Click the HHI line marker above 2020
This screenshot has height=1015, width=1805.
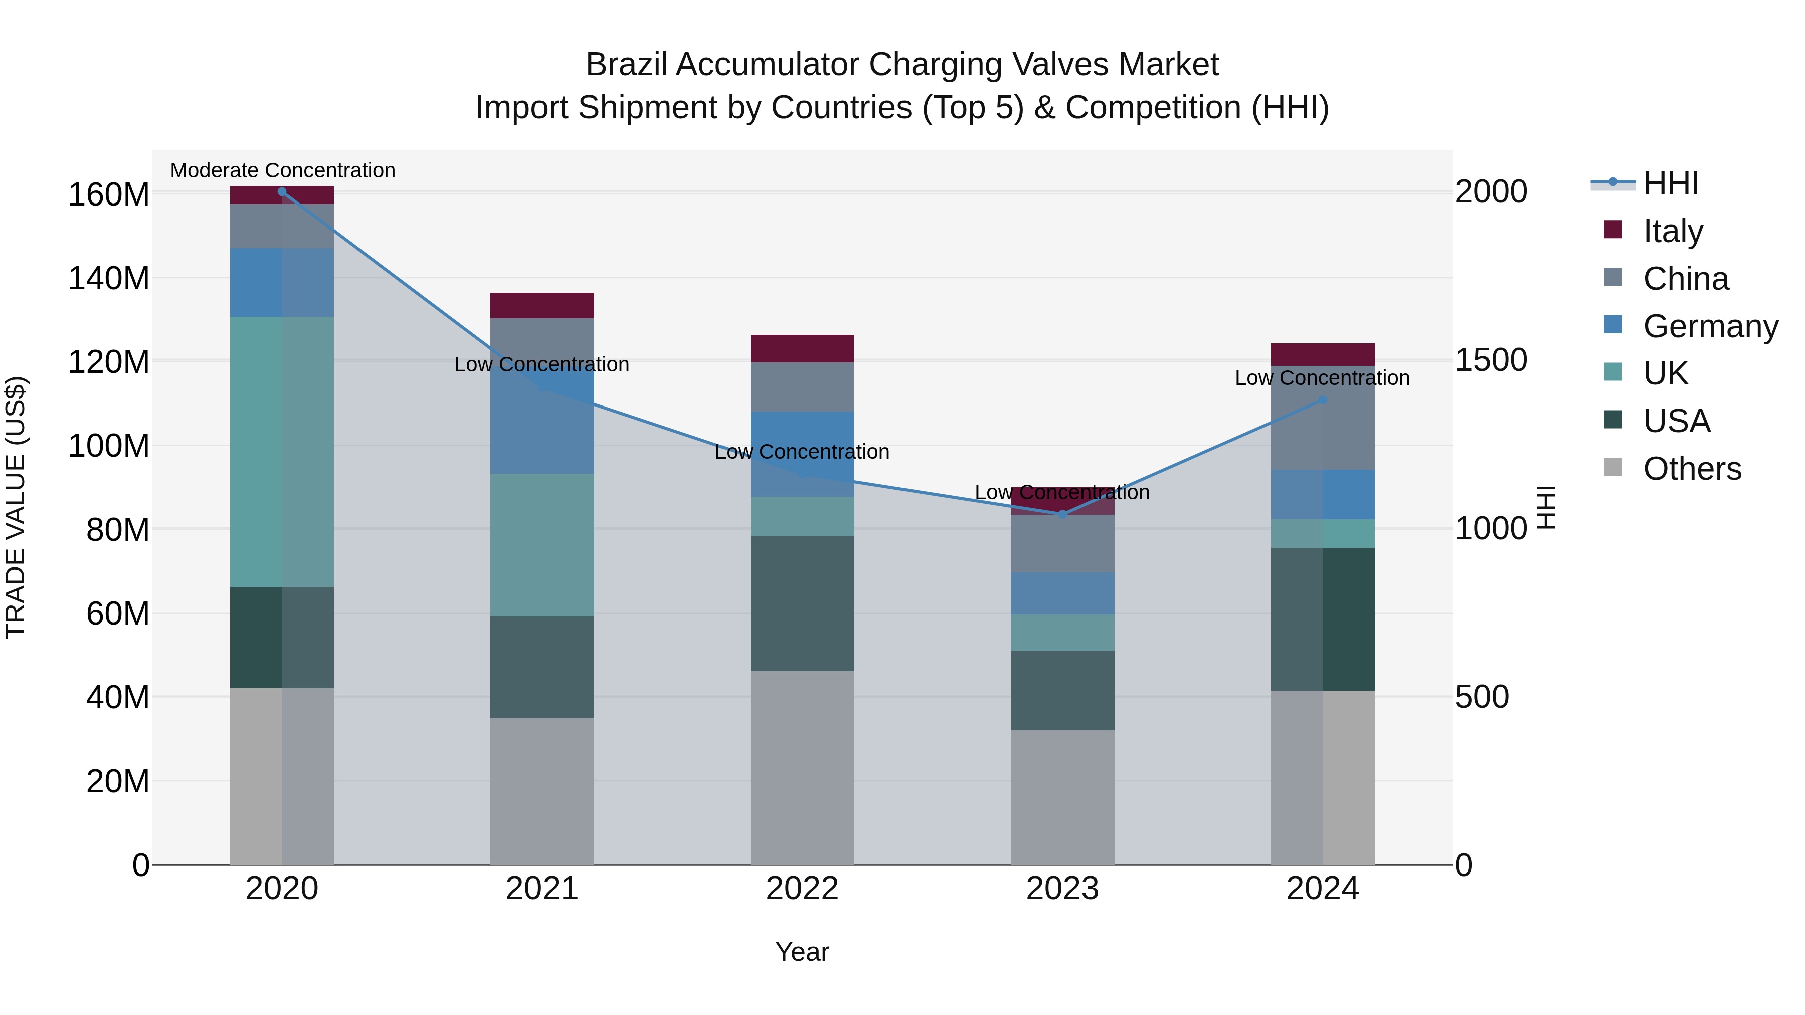282,191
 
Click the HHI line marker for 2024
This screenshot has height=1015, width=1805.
1322,400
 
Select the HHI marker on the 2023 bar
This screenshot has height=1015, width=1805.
1062,514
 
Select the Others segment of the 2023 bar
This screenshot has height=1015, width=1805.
1062,797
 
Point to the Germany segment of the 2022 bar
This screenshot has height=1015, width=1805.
802,427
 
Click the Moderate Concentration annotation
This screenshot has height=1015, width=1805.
282,170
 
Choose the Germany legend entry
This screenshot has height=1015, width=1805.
1710,326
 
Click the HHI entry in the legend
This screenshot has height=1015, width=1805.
1671,183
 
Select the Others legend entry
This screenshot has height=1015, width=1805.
1692,469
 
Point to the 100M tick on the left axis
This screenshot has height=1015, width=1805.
109,446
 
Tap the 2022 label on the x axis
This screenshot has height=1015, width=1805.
802,889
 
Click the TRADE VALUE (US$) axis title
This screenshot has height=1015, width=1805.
16,507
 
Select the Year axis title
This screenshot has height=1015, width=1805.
802,952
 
